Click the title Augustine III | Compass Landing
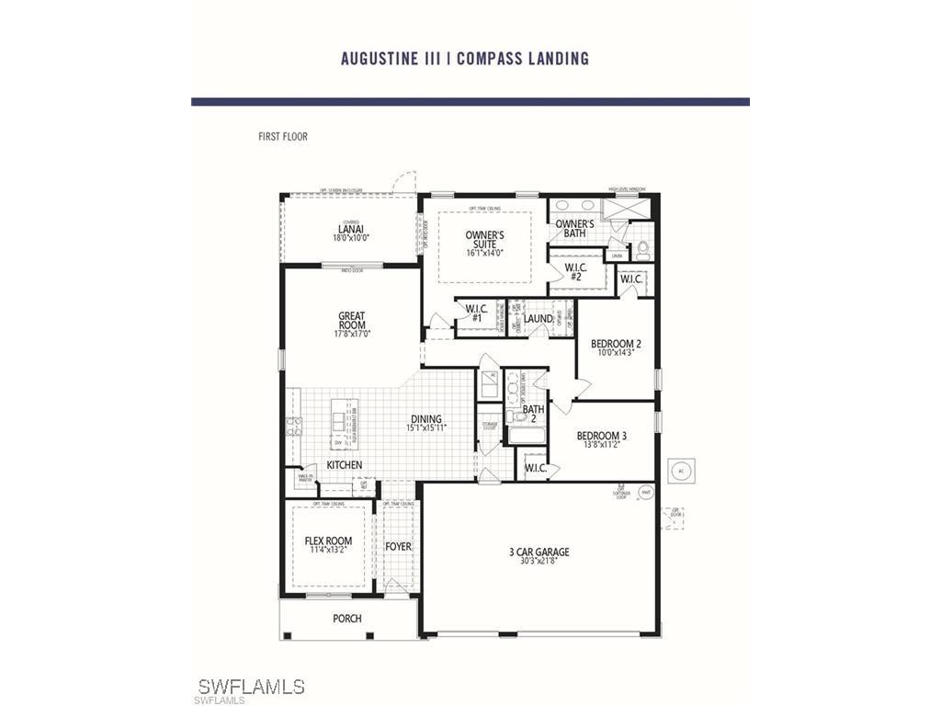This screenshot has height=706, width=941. click(x=464, y=59)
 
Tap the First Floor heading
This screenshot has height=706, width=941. click(x=283, y=137)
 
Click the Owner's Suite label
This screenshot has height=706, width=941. click(x=483, y=240)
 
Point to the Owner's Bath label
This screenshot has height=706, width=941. click(x=575, y=229)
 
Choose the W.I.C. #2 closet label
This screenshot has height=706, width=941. click(x=575, y=272)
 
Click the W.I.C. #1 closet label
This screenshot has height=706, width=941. click(x=476, y=313)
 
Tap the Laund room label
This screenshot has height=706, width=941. click(x=539, y=319)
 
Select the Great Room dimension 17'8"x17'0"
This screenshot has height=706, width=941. click(x=352, y=335)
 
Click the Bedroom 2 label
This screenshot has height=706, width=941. click(x=616, y=345)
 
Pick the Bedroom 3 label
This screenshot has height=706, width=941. click(x=602, y=436)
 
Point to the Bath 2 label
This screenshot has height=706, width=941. click(x=534, y=415)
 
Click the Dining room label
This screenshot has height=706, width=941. click(x=426, y=419)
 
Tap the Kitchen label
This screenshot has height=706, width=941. click(x=345, y=465)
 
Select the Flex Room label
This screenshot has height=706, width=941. click(x=328, y=541)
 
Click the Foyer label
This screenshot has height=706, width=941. click(x=398, y=547)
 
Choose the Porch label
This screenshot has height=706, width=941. click(x=347, y=619)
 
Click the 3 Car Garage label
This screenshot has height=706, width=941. click(x=539, y=552)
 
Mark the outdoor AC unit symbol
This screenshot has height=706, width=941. click(x=681, y=470)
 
